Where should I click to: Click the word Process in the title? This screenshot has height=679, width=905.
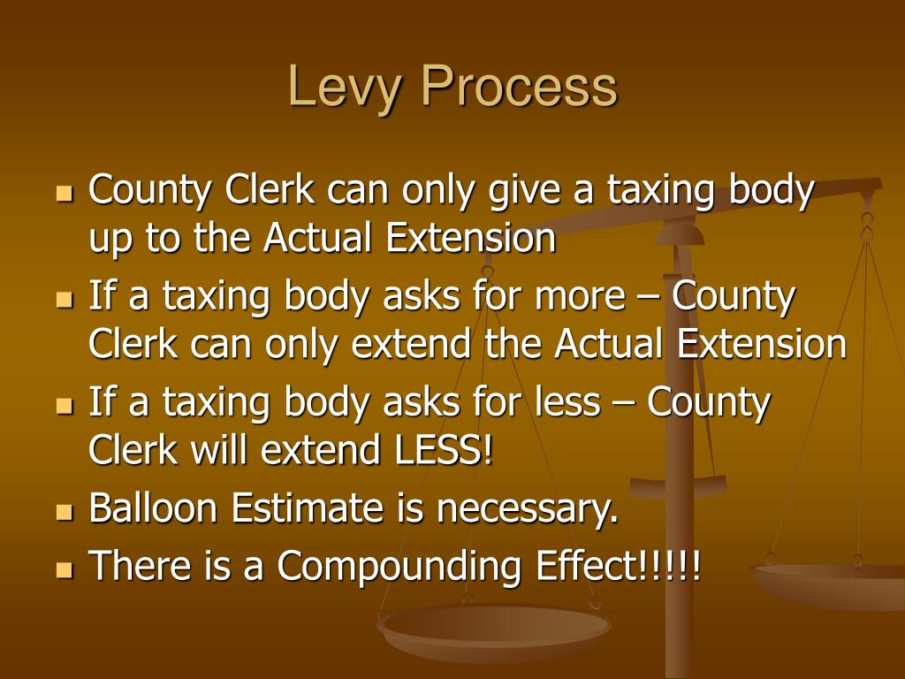coord(518,89)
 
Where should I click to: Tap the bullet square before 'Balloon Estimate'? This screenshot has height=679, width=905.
coord(63,512)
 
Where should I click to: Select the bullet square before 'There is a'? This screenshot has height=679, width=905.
coord(63,568)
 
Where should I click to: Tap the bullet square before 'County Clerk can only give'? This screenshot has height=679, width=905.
coord(63,194)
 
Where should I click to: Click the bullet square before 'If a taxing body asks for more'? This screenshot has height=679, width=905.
coord(63,300)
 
